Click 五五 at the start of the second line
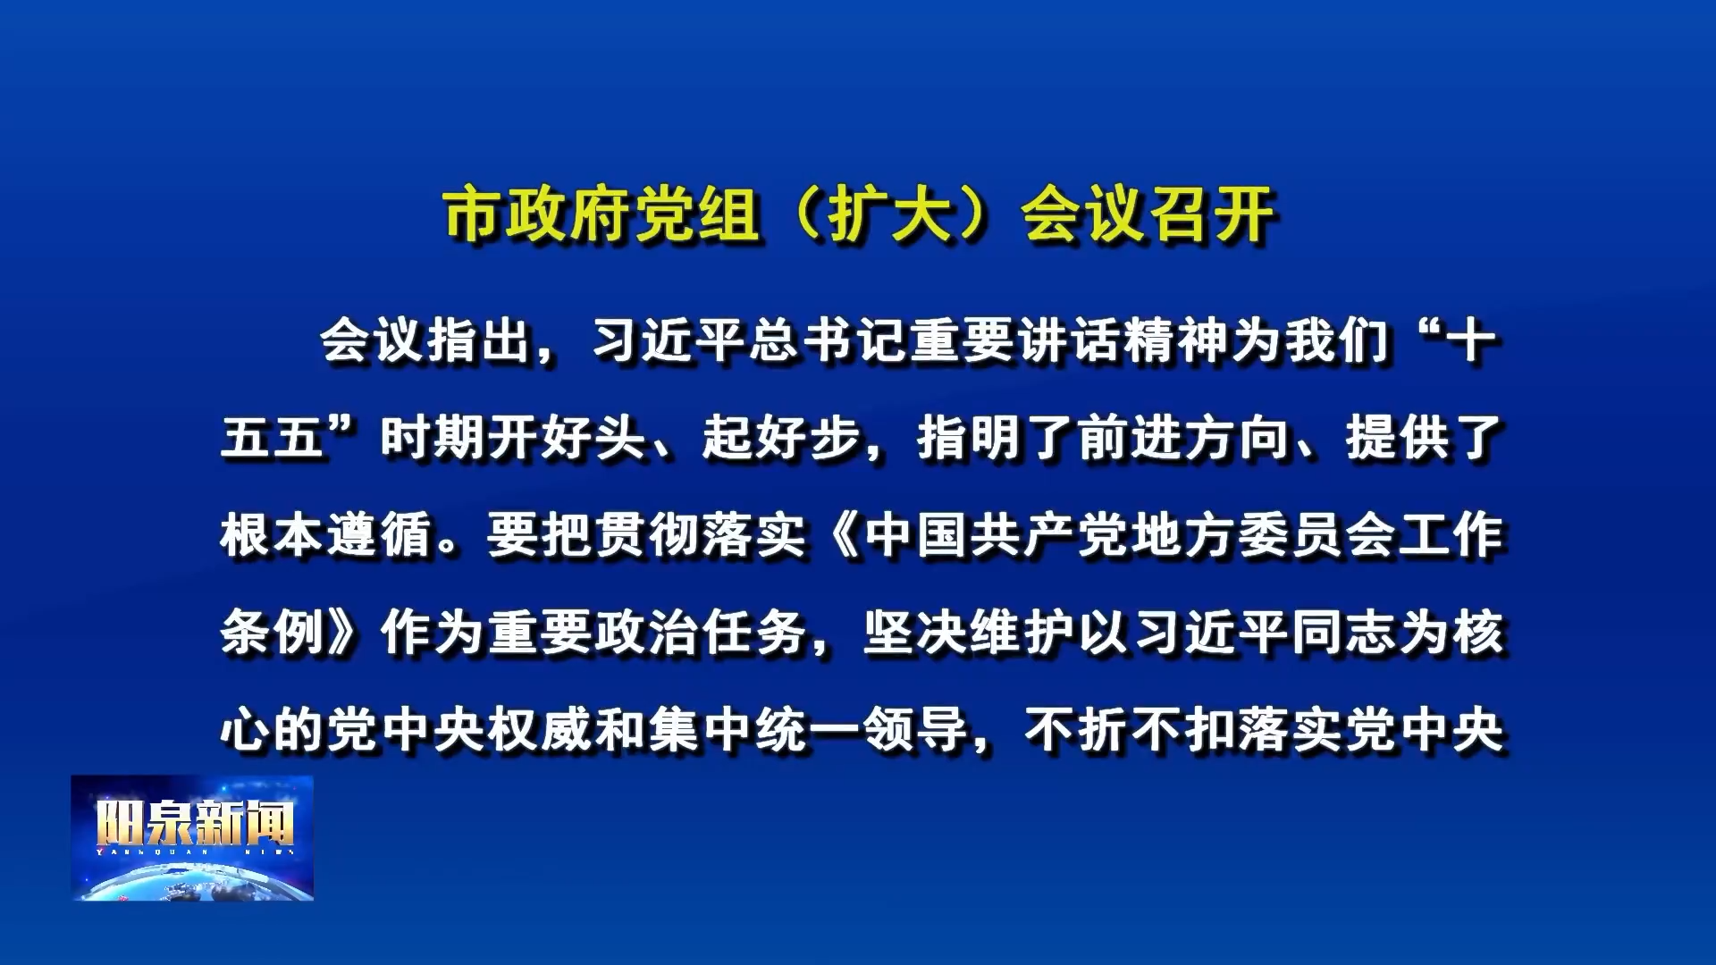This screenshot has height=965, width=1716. click(273, 438)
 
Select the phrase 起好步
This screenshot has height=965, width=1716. click(781, 438)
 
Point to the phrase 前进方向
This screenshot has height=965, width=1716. click(1182, 438)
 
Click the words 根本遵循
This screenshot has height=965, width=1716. click(326, 535)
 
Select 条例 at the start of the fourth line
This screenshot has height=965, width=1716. click(273, 633)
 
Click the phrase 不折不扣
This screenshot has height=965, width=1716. click(1130, 730)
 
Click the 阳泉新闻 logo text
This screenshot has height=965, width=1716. click(194, 822)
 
